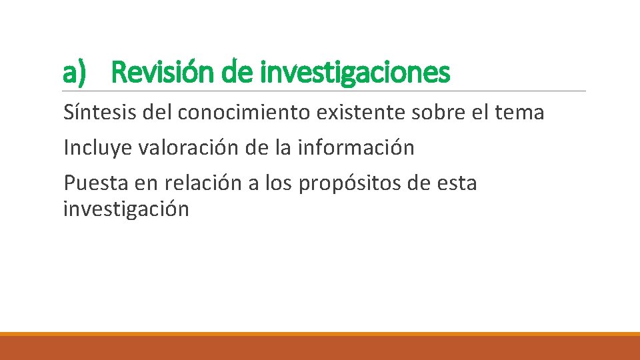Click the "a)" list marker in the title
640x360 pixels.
75,72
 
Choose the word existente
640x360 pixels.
361,113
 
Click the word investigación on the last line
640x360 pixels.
126,209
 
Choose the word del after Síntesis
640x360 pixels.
157,113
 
